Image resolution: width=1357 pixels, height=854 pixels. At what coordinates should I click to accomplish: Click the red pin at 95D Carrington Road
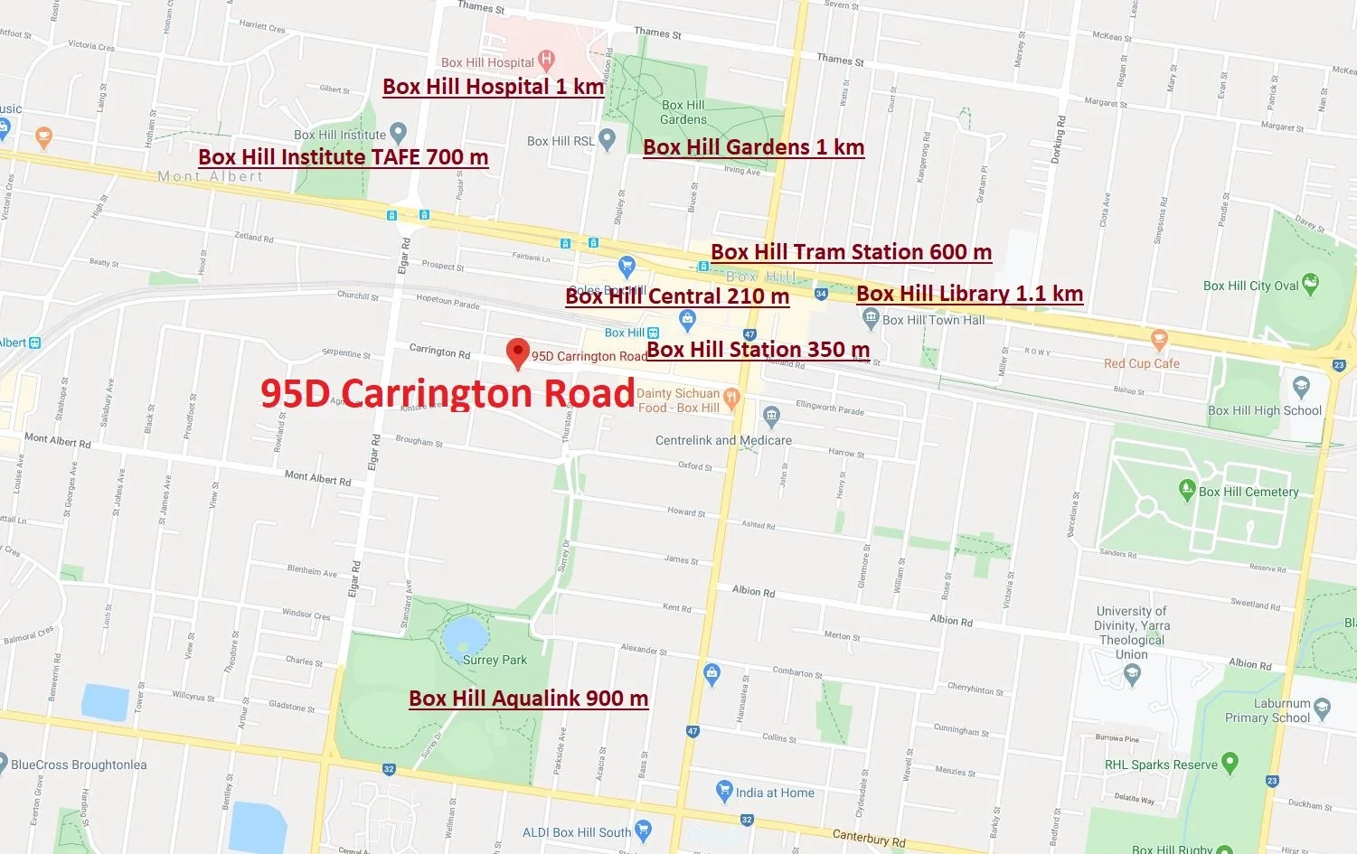[x=517, y=352]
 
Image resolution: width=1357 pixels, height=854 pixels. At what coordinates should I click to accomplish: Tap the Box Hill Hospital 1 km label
[x=493, y=87]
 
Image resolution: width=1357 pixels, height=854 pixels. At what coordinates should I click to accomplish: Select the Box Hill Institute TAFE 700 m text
[x=343, y=157]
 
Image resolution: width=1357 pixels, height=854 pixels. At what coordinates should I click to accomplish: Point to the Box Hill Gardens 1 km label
[x=753, y=147]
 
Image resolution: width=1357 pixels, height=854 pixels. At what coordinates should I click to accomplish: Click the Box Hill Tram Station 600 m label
[x=851, y=252]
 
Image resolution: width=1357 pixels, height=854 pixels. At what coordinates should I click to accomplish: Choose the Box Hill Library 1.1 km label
[x=969, y=294]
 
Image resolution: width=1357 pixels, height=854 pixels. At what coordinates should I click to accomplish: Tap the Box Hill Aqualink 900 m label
[x=528, y=699]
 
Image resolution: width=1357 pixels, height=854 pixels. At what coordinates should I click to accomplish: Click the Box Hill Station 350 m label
[x=758, y=350]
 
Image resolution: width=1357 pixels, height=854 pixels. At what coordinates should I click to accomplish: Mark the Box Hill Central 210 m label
[x=677, y=296]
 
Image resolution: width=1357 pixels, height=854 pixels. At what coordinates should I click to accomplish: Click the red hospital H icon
[x=546, y=61]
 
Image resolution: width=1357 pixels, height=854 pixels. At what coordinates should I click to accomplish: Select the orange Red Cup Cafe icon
[x=1159, y=341]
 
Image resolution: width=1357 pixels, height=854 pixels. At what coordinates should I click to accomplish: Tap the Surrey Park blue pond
[x=466, y=637]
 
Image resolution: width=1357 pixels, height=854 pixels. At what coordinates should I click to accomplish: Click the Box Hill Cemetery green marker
[x=1187, y=490]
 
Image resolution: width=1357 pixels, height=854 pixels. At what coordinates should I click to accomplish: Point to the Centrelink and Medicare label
[x=723, y=440]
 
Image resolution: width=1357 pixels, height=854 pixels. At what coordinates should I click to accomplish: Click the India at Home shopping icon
[x=723, y=792]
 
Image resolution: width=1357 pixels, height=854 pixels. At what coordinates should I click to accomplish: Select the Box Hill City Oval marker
[x=1310, y=285]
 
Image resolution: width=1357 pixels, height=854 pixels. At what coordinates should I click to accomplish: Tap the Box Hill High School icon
[x=1301, y=387]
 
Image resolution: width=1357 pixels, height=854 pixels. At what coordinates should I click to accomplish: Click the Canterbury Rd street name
[x=868, y=838]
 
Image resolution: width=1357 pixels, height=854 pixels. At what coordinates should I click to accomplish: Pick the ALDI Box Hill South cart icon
[x=643, y=829]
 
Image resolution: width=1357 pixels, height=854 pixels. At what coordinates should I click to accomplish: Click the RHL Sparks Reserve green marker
[x=1230, y=763]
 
